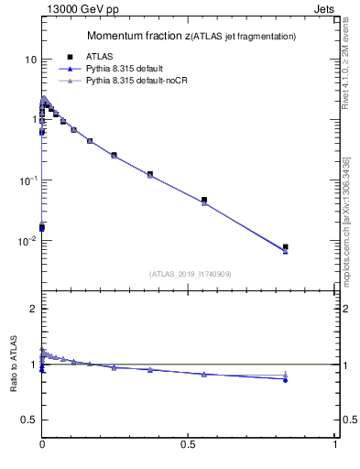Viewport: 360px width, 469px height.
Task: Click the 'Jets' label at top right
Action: (324, 8)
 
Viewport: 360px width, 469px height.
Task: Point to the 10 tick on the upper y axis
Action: (30, 60)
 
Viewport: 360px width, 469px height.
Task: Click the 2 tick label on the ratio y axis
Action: (32, 309)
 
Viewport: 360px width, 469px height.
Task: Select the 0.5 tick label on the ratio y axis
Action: (27, 420)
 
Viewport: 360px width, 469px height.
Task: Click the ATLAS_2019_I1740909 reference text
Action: (190, 274)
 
